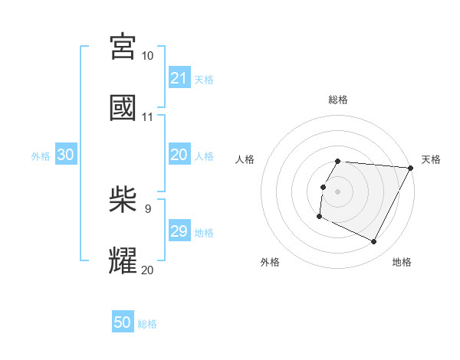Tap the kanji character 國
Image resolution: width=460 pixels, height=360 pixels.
[x=123, y=107]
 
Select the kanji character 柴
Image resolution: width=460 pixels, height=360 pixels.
[x=123, y=198]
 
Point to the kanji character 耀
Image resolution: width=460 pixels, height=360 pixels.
[x=123, y=260]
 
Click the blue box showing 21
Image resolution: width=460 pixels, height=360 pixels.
[x=179, y=77]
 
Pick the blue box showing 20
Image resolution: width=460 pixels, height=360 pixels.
[x=179, y=154]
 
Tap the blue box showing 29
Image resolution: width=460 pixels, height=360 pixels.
[x=179, y=231]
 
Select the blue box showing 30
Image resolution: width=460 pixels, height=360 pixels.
[x=66, y=154]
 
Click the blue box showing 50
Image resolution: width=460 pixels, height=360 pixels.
[x=123, y=322]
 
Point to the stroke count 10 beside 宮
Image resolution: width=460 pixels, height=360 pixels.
[x=148, y=56]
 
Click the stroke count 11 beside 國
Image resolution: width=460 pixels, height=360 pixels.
[x=148, y=117]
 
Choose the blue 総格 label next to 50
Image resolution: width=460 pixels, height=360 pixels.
[x=147, y=324]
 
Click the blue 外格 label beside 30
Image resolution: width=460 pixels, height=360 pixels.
[x=41, y=155]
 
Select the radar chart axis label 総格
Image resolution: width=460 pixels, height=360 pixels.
[x=338, y=100]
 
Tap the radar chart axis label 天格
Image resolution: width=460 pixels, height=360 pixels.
[x=432, y=159]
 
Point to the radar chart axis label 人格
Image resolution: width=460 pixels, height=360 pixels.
[x=245, y=159]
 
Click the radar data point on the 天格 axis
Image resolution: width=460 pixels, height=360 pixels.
[x=410, y=168]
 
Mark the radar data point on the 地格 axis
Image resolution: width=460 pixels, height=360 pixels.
[x=374, y=242]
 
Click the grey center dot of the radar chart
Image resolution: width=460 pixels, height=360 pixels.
[x=338, y=191]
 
